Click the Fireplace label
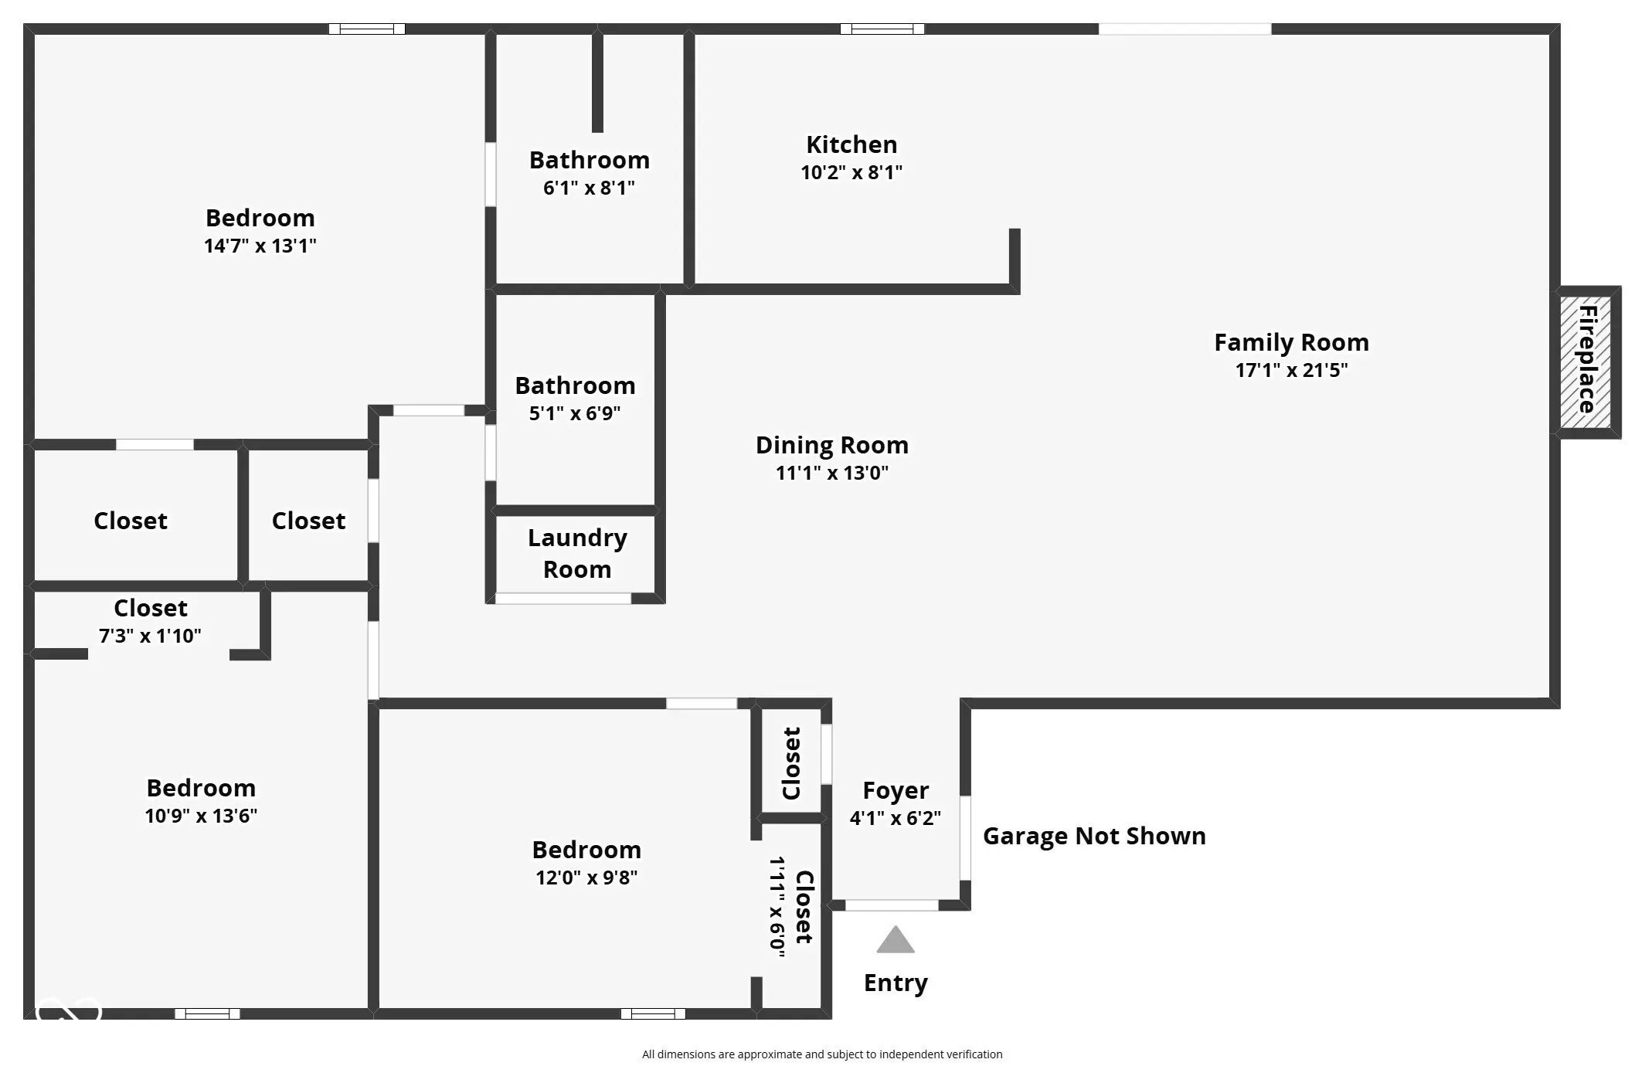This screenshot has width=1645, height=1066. click(1587, 359)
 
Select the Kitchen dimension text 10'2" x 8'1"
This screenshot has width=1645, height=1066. click(851, 171)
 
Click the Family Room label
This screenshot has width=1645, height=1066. click(1291, 341)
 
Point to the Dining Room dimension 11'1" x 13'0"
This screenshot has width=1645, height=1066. click(832, 472)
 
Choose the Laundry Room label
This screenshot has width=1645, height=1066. click(577, 553)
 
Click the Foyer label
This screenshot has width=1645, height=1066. click(896, 790)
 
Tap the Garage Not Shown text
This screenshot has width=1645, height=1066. click(1094, 836)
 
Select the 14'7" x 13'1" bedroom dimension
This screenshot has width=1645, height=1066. click(260, 246)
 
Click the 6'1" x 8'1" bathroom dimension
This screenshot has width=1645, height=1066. click(589, 188)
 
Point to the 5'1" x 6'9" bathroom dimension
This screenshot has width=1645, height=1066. click(575, 413)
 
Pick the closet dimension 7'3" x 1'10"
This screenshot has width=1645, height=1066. click(150, 636)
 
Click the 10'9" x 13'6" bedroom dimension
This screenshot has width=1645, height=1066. click(201, 816)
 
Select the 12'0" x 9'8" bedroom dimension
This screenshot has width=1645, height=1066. click(586, 878)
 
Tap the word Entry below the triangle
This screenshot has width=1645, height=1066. click(896, 983)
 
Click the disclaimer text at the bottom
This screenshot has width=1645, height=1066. click(822, 1054)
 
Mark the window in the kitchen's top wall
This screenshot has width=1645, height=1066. click(882, 29)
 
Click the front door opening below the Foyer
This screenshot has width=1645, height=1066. click(892, 905)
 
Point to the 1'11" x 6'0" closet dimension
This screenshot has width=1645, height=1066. click(777, 907)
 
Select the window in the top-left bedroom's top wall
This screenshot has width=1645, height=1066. click(367, 29)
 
